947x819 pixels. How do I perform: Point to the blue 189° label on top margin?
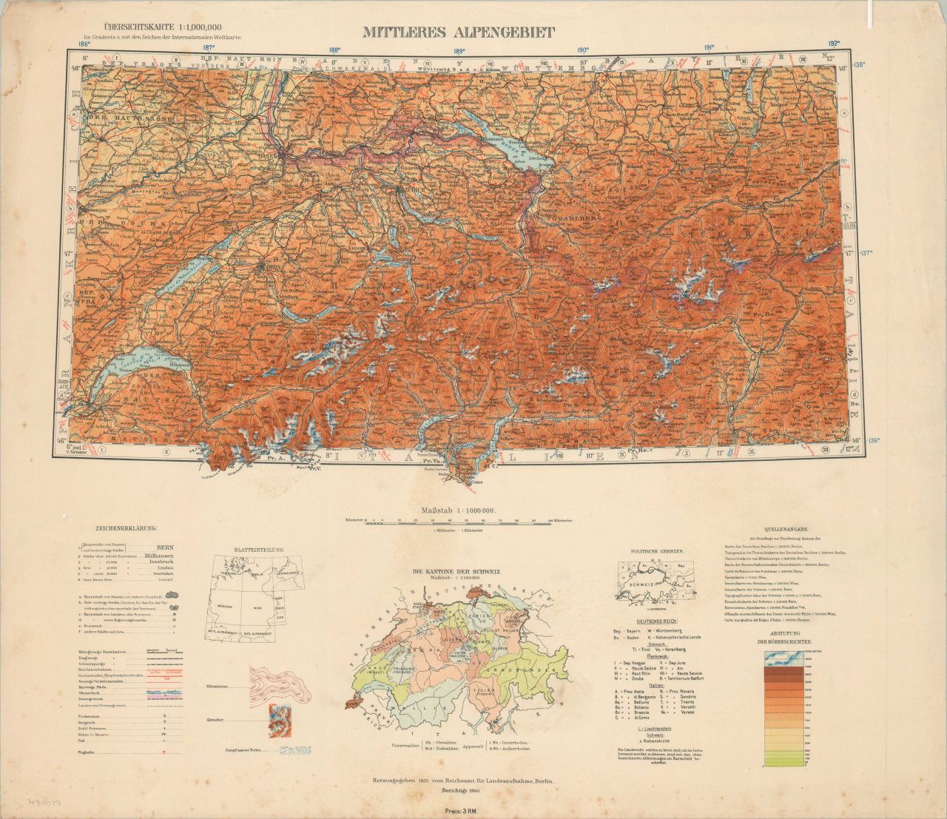pos(459,52)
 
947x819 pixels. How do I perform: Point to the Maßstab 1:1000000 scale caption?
pos(458,511)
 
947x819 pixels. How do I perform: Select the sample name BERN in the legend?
pos(165,547)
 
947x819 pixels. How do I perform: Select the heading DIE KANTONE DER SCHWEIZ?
pos(457,572)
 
